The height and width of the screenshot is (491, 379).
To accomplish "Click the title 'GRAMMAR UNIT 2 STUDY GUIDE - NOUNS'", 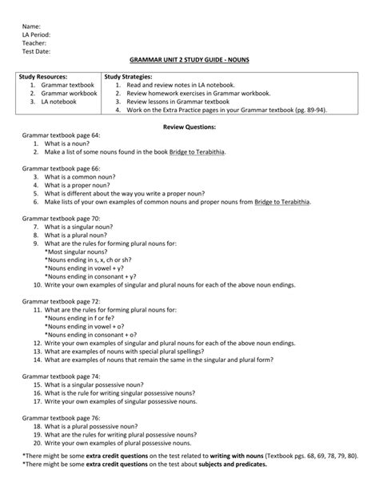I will pos(189,62).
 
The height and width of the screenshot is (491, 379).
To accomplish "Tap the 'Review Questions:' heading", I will pos(189,127).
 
